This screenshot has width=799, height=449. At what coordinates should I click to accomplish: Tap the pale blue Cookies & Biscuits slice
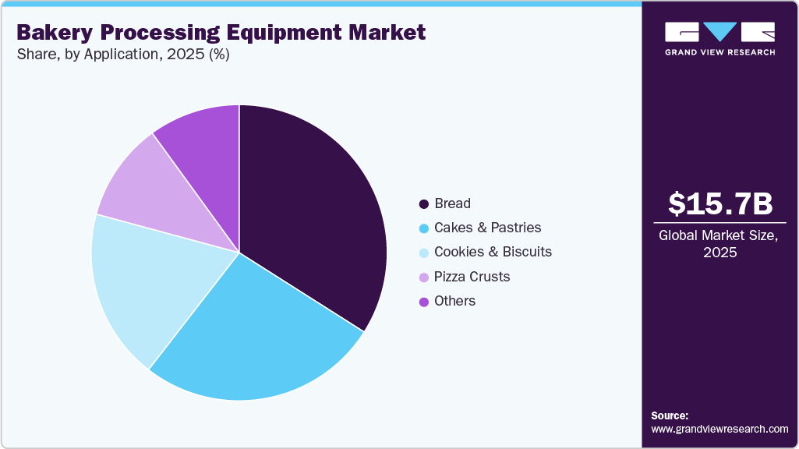148,281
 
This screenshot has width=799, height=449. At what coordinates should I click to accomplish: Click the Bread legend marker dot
423,204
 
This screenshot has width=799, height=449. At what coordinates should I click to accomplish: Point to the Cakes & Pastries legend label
487,228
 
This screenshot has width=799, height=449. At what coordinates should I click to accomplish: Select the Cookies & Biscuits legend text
493,252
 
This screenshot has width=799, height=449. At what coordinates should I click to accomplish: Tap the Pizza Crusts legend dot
423,277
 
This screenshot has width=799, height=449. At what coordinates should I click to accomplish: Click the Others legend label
454,301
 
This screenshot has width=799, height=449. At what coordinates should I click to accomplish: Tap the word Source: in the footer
670,415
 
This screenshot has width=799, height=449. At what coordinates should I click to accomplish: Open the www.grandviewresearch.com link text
719,429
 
